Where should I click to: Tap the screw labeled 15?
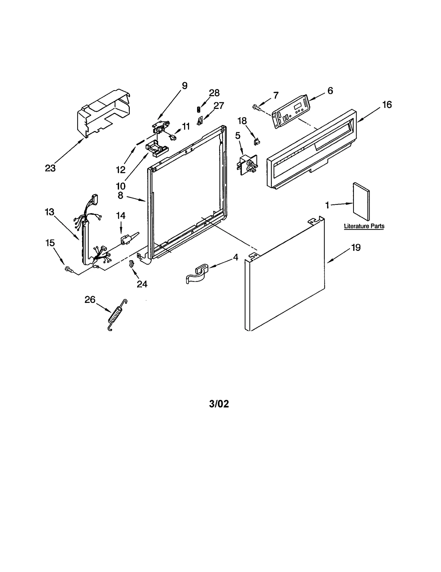[x=69, y=269]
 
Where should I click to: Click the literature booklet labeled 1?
[x=361, y=201]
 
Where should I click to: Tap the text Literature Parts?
[x=364, y=226]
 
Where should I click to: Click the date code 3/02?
[x=219, y=404]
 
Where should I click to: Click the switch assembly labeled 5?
[x=247, y=165]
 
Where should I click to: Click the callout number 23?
[x=50, y=168]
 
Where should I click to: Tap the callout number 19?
[x=356, y=248]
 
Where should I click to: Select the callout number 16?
[x=387, y=105]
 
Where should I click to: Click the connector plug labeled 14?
[x=126, y=239]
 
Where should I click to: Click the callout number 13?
[x=50, y=212]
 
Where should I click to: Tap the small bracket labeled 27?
[x=200, y=121]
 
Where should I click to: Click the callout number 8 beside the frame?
[x=120, y=195]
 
